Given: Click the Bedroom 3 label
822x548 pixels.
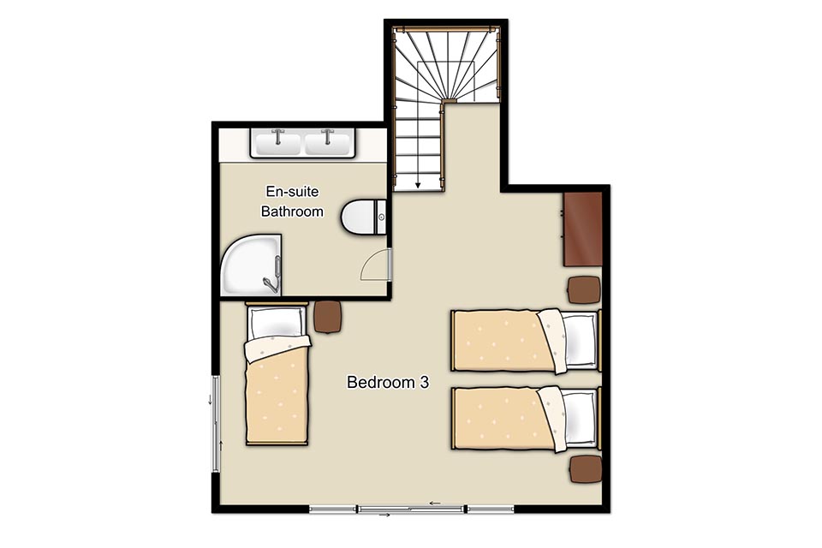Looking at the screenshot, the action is [387, 382].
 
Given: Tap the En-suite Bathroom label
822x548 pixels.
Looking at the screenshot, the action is [292, 201].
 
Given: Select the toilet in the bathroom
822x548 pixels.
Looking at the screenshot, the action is [364, 217].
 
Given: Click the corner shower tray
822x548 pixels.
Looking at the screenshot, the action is [251, 265].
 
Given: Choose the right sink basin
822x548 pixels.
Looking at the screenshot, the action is [327, 144].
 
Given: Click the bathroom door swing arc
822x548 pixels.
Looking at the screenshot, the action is [373, 263].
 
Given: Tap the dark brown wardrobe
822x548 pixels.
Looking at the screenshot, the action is [582, 229].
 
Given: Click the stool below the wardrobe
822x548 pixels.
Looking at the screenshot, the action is [584, 289].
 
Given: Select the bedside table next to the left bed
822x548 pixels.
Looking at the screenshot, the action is [329, 317].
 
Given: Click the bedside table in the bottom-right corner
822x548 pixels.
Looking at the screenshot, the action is [586, 469].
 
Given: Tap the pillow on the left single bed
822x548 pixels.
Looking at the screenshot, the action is [277, 323].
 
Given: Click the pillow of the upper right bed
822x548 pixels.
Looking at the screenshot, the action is [579, 339].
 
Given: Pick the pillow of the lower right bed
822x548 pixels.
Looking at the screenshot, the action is [579, 418].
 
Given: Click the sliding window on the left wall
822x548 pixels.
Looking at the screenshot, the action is [216, 424].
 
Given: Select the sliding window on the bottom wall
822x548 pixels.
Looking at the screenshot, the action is [412, 508].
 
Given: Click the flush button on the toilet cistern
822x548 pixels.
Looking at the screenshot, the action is [382, 217].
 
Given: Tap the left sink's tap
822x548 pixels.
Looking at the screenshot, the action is [277, 135].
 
